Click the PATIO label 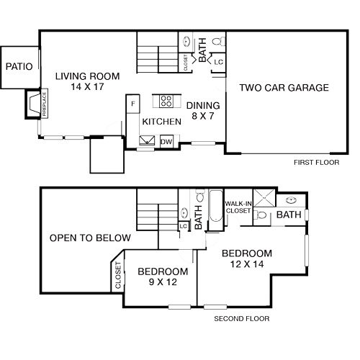[19, 66]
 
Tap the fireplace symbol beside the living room [33, 104]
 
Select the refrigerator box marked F [133, 104]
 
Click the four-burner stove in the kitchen [166, 101]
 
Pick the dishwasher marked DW [166, 141]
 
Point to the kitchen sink [147, 140]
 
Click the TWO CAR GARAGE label [284, 88]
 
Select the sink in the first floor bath [186, 42]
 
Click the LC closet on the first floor [219, 62]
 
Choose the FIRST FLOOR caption [317, 163]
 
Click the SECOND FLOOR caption [242, 319]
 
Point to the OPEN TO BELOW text [90, 238]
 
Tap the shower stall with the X [264, 198]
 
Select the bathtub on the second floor [215, 206]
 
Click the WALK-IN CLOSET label [238, 207]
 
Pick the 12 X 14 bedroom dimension [247, 264]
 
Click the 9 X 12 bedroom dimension [163, 282]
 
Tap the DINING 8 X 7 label [203, 111]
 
